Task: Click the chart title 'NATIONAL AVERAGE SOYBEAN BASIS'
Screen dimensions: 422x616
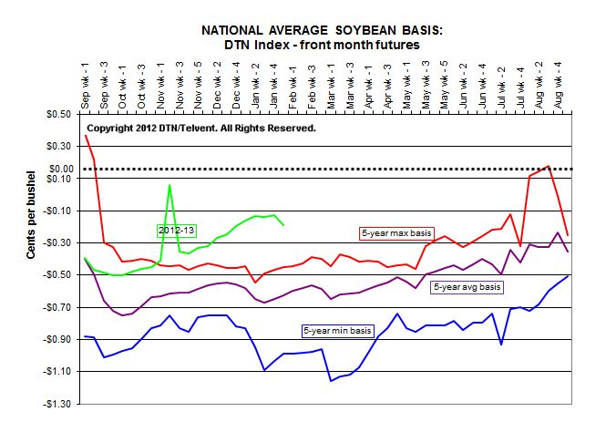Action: click(x=323, y=30)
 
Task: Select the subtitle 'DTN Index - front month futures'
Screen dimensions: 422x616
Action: click(x=323, y=44)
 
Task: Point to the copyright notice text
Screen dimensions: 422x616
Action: click(x=201, y=129)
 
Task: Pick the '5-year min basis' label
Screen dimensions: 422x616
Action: click(x=336, y=329)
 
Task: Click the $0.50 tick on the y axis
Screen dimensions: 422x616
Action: click(x=59, y=114)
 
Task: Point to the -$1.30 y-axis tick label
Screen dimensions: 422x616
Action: click(x=57, y=404)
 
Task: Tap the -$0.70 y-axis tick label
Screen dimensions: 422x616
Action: click(x=57, y=307)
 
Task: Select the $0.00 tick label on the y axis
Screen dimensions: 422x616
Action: click(x=59, y=169)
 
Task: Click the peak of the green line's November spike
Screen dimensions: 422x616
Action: click(x=169, y=185)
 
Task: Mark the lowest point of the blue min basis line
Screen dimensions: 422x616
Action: click(x=331, y=380)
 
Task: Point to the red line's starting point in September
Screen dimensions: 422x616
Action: click(x=85, y=135)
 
